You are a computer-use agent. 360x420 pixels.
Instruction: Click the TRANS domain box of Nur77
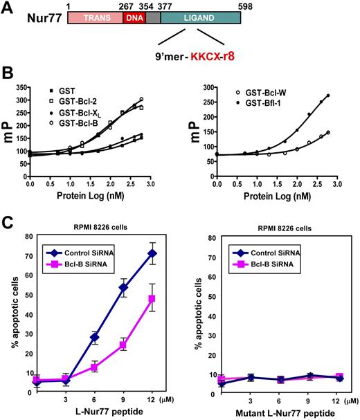point(94,22)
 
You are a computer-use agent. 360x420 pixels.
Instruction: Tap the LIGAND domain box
point(200,22)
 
